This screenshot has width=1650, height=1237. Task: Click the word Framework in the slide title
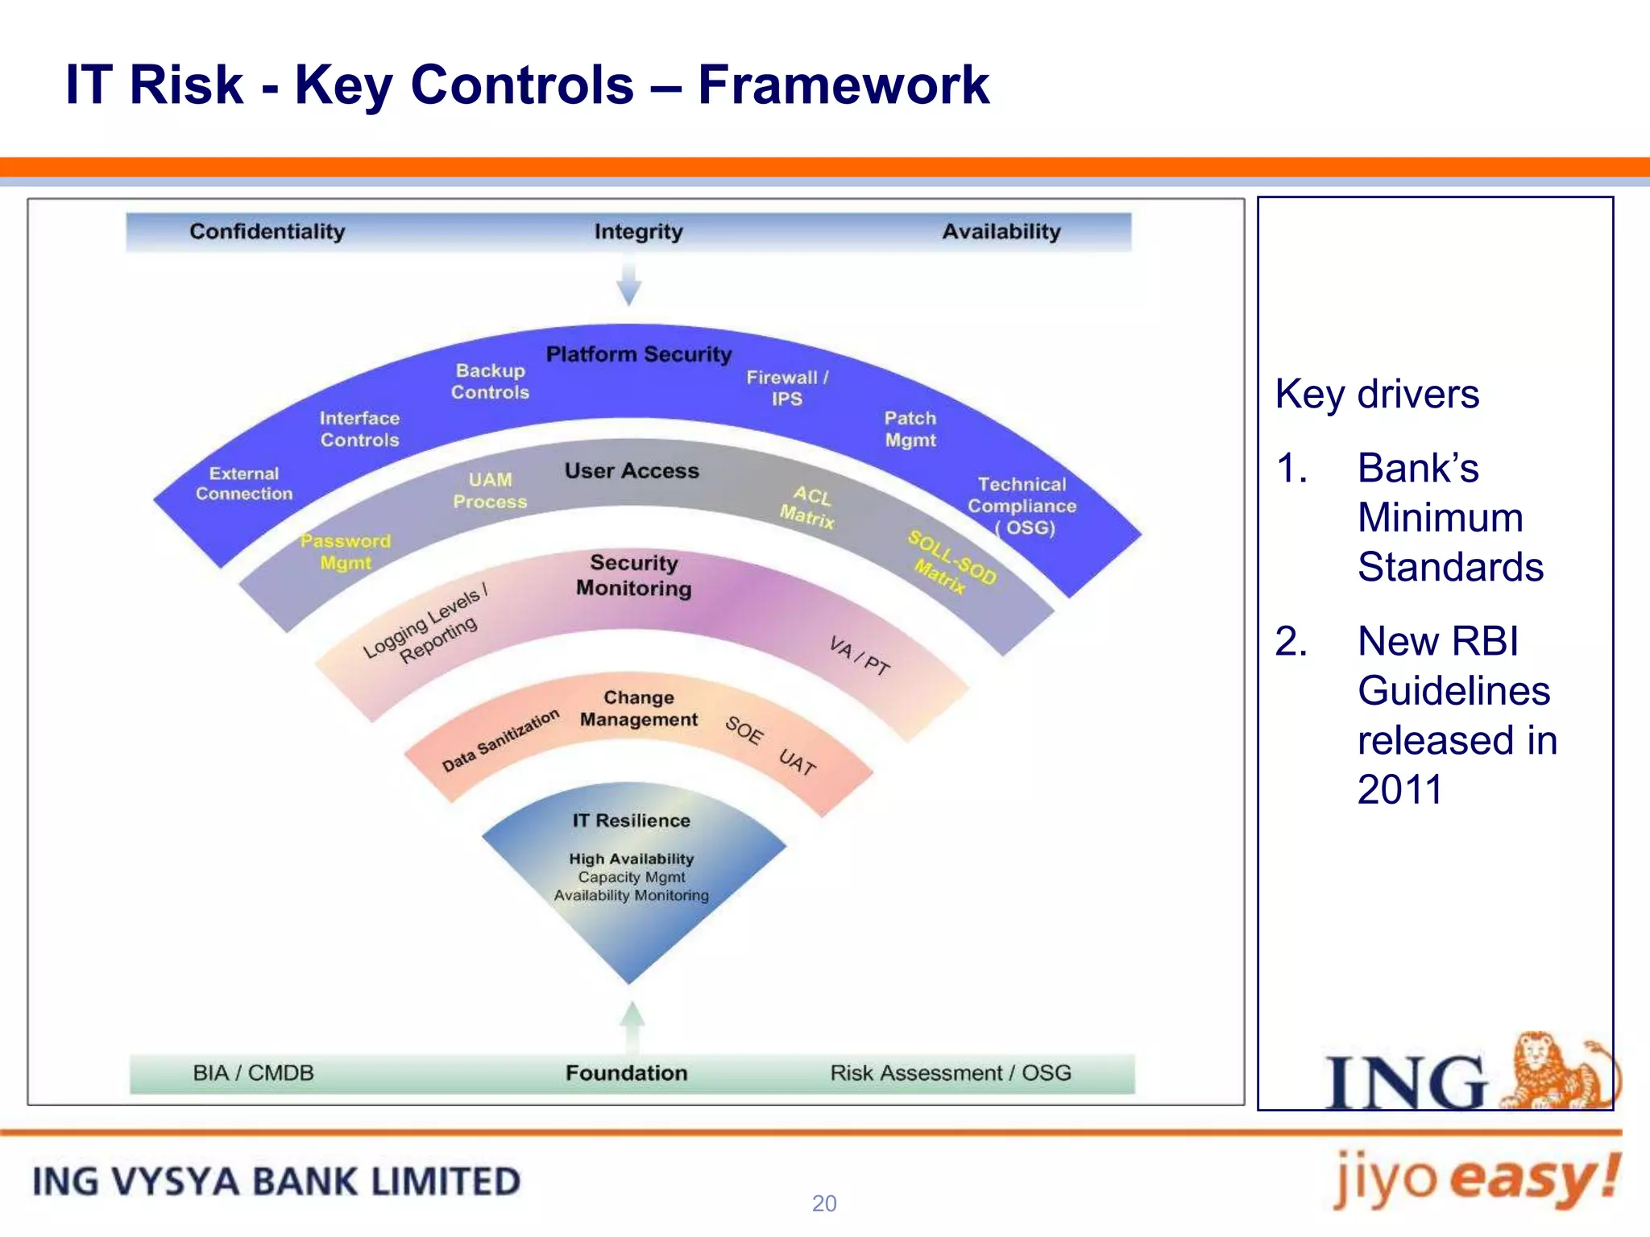coord(843,85)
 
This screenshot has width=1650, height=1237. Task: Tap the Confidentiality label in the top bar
coord(267,232)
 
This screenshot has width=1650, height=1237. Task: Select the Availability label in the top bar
coord(1001,232)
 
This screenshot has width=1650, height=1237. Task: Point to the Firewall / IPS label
coord(786,388)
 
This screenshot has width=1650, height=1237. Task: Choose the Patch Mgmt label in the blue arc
coord(910,429)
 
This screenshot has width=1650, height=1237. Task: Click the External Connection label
coord(244,484)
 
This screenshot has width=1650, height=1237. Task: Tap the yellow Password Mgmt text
coord(346,552)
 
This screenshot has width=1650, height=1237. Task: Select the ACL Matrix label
coord(808,507)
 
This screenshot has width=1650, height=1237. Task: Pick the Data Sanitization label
coord(500,741)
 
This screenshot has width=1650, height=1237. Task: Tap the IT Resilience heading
coord(631,821)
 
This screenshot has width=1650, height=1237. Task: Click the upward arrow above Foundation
coord(632,1026)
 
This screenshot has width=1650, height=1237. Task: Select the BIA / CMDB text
coord(253,1074)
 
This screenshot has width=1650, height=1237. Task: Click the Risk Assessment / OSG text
coord(951,1074)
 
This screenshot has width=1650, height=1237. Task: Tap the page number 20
coord(824,1203)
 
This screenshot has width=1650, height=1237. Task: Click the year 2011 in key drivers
coord(1399,790)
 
